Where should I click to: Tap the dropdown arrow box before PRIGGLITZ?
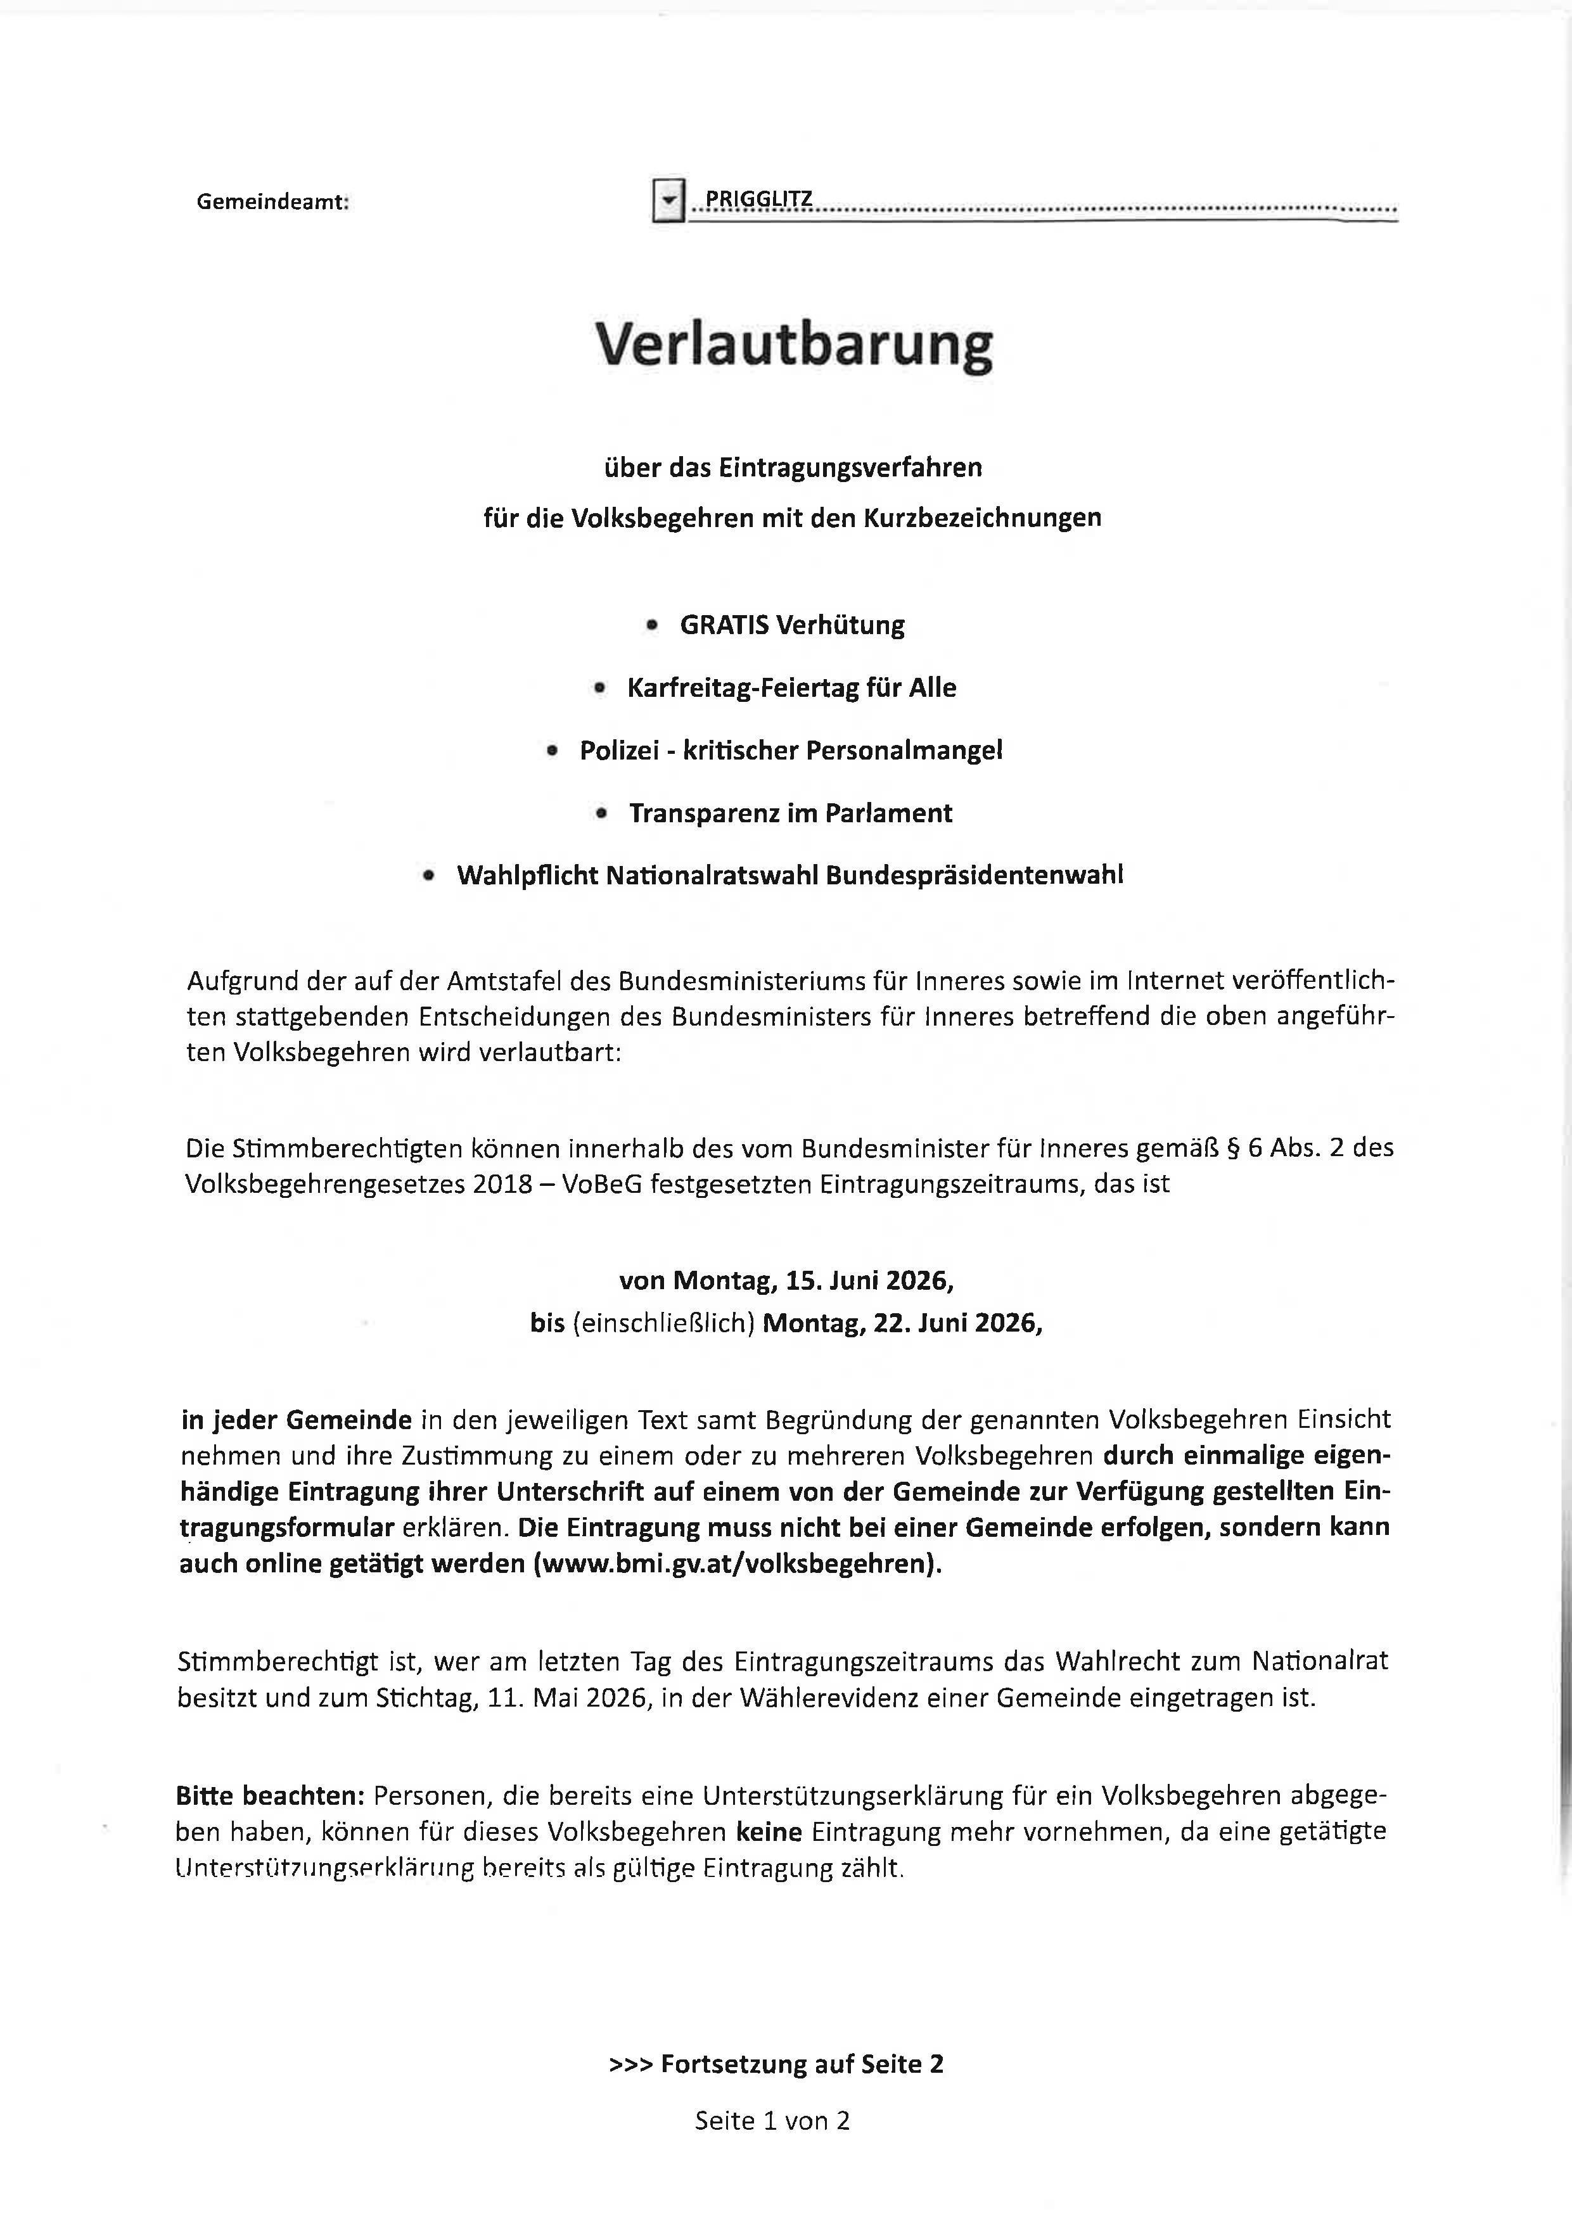668,201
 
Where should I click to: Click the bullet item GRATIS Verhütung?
792,625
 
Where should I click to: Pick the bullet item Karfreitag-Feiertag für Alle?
791,688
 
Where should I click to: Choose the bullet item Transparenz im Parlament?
790,813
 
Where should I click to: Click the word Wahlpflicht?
528,876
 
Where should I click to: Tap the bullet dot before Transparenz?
601,814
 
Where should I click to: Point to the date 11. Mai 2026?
566,1698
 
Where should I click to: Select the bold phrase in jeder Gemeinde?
296,1420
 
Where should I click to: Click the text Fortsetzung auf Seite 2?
802,2065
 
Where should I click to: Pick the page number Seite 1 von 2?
772,2122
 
